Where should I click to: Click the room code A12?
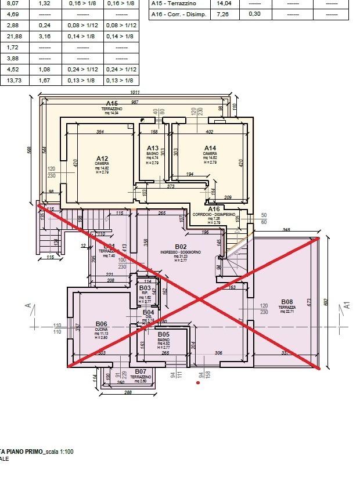(102, 158)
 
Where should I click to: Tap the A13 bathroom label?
(153, 148)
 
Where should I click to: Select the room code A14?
(210, 148)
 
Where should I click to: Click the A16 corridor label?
(214, 209)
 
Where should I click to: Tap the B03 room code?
(145, 287)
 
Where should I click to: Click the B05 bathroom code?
(163, 335)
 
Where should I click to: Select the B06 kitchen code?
(102, 323)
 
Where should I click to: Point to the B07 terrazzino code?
(141, 371)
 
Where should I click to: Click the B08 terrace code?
(286, 301)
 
